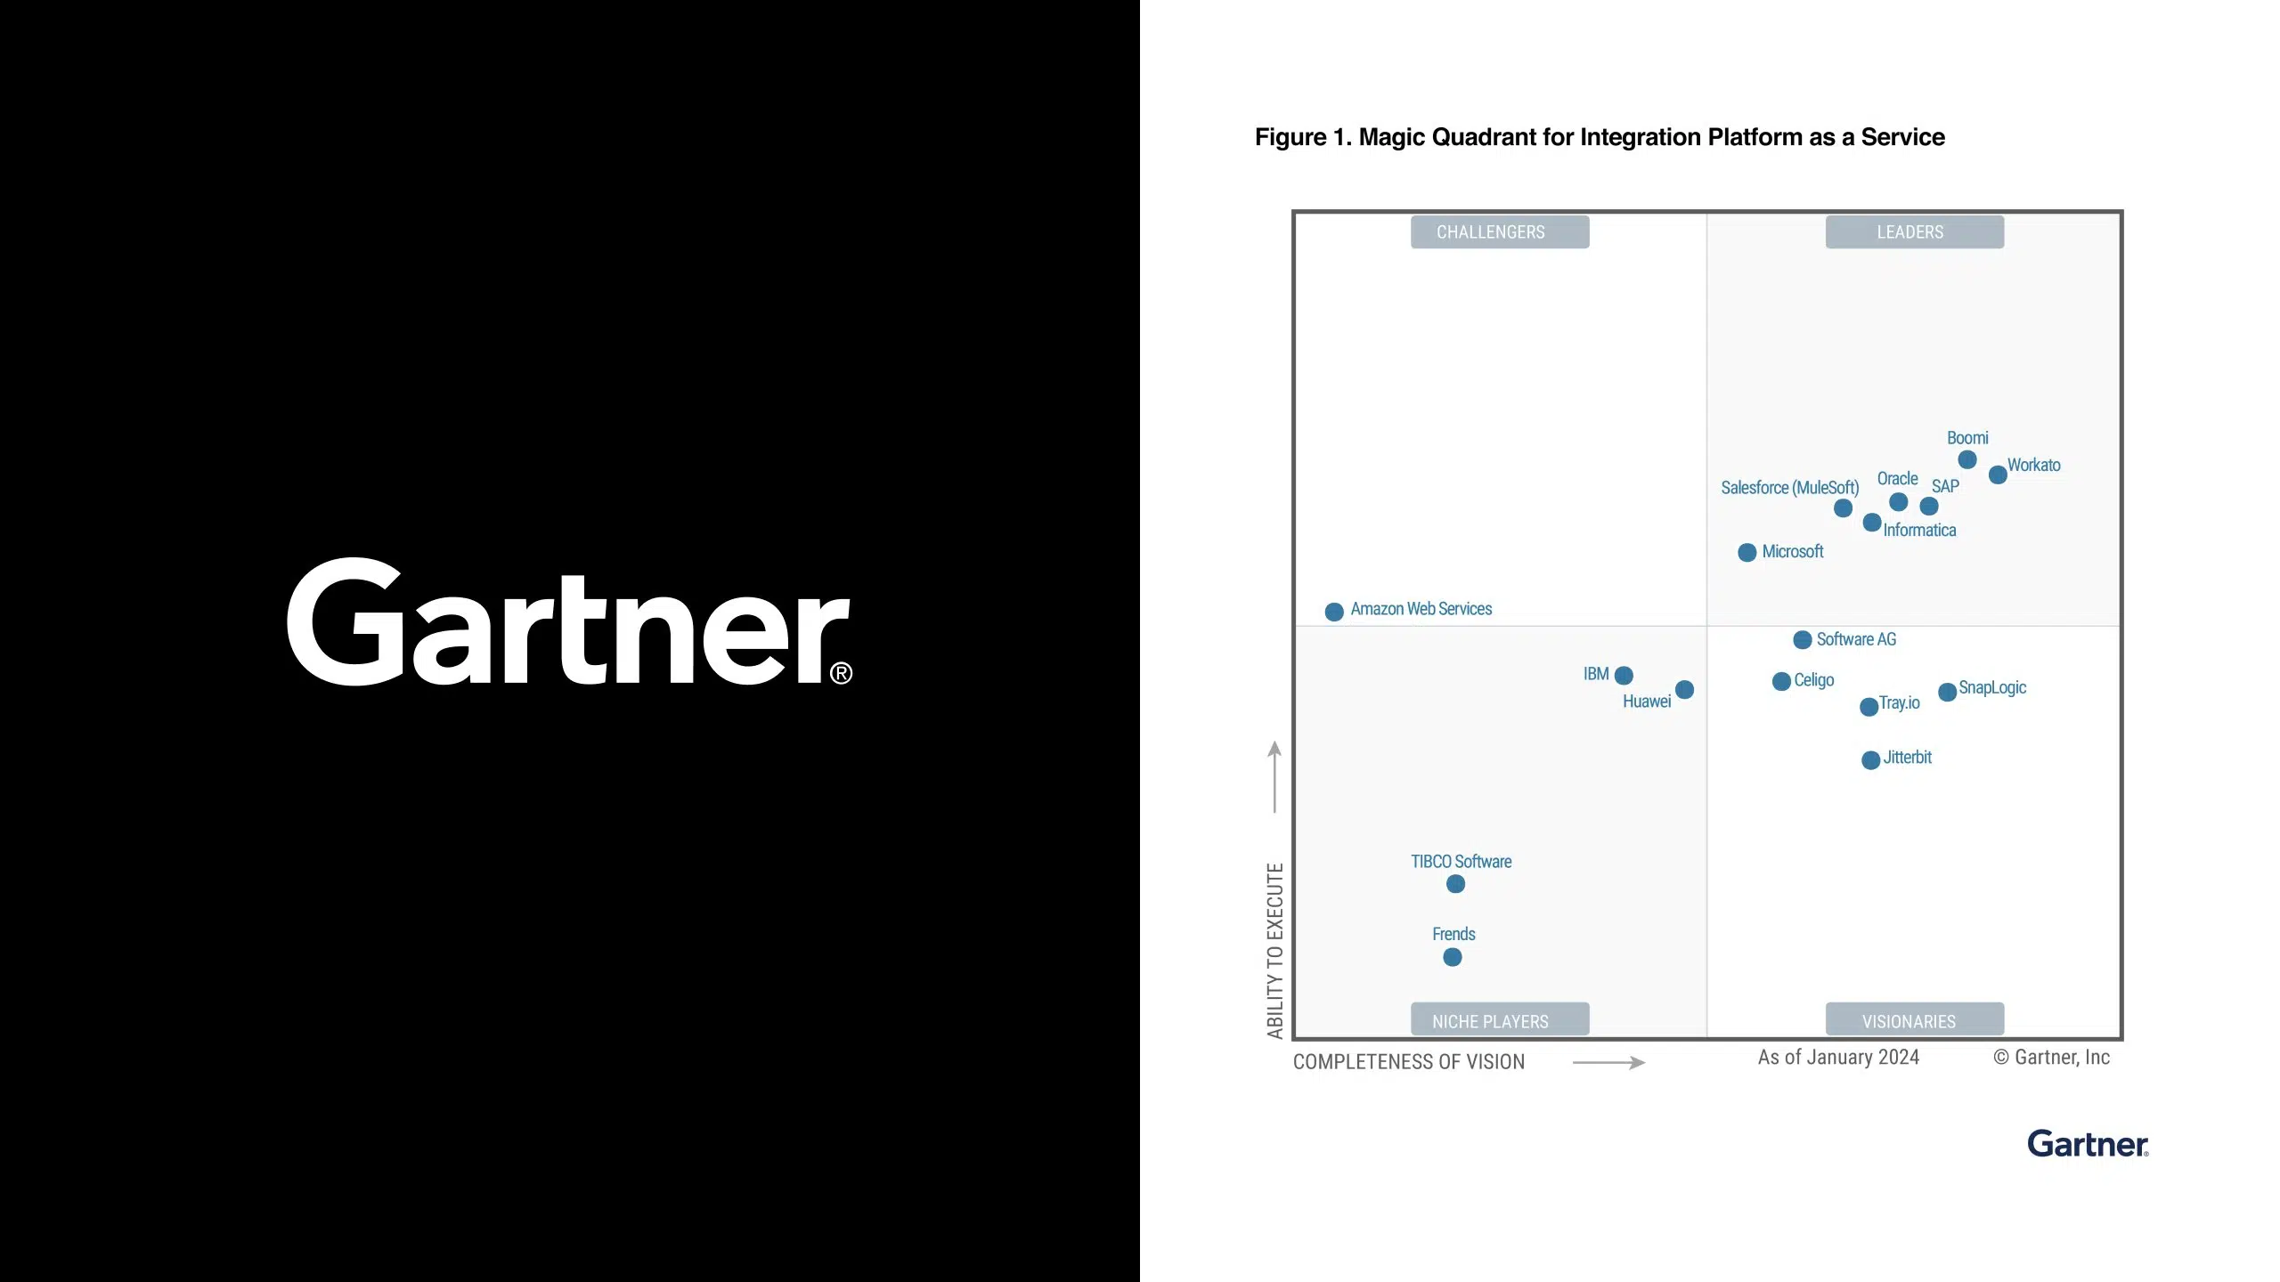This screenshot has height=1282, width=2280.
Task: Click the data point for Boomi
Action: click(x=1967, y=459)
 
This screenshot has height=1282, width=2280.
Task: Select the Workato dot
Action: click(x=1998, y=475)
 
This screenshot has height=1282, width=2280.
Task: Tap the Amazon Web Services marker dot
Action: click(x=1334, y=612)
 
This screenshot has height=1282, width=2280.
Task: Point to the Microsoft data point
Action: click(x=1747, y=553)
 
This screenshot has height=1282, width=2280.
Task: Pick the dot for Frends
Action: click(x=1453, y=957)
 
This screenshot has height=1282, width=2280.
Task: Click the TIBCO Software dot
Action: click(x=1456, y=884)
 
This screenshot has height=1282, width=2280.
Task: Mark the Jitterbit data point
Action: click(x=1871, y=760)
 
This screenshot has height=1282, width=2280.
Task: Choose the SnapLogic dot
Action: click(x=1948, y=692)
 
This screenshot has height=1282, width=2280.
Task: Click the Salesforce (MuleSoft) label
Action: click(x=1790, y=488)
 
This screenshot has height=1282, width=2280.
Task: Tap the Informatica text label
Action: click(x=1919, y=531)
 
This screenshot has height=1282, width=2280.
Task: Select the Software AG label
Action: click(x=1856, y=639)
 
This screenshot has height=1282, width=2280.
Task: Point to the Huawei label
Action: click(x=1647, y=702)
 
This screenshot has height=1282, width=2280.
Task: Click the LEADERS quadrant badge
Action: click(x=1915, y=231)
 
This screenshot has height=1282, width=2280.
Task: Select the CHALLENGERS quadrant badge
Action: click(x=1500, y=231)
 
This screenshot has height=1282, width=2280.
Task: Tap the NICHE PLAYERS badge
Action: click(x=1500, y=1019)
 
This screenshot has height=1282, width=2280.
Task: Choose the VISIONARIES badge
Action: click(x=1915, y=1019)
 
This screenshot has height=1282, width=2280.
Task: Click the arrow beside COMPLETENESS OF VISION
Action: click(x=1608, y=1062)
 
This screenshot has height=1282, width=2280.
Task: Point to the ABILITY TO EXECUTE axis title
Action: click(x=1275, y=951)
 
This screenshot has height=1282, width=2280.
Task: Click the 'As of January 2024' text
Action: click(x=1838, y=1057)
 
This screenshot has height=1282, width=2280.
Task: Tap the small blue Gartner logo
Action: click(x=2088, y=1144)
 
